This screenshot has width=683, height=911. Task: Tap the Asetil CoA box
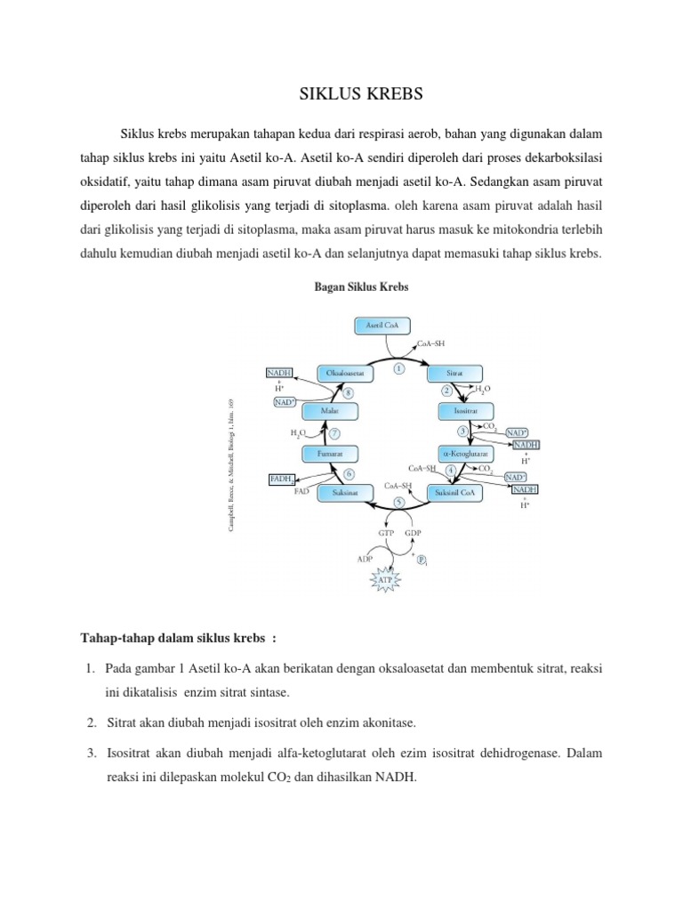point(382,327)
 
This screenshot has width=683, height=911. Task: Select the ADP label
point(365,560)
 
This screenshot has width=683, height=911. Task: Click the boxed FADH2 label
point(281,480)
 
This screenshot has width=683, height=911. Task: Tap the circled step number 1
point(399,367)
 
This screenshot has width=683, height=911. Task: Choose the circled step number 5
point(400,503)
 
